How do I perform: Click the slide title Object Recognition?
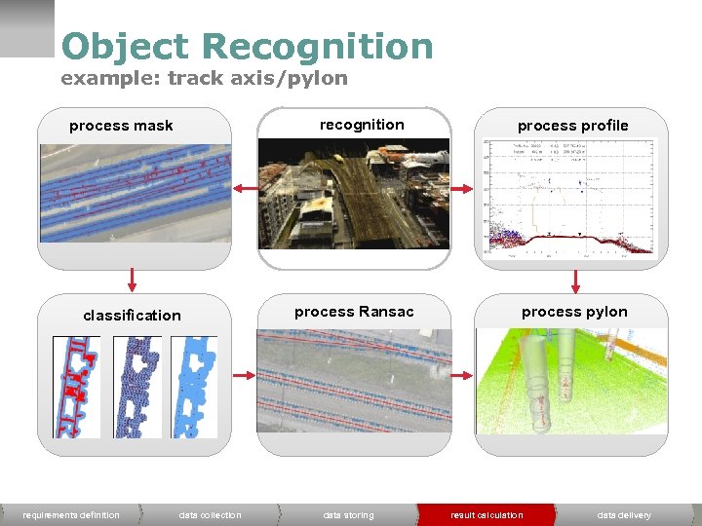[x=247, y=46]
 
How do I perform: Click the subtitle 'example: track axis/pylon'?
[x=204, y=78]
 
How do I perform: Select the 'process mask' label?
[x=121, y=126]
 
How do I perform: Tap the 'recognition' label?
[x=362, y=125]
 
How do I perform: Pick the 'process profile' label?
[x=572, y=126]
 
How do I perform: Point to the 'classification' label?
[x=132, y=316]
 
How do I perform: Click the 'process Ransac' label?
[x=354, y=312]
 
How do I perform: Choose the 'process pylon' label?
[x=574, y=312]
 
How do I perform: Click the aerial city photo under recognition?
[x=354, y=193]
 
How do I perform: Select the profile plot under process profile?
[x=572, y=199]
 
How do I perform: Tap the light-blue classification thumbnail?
[x=194, y=387]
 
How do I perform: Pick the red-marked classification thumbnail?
[x=76, y=387]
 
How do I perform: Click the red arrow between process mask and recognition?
[x=244, y=189]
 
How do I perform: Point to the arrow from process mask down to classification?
[x=132, y=282]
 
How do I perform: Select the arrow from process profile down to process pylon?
[x=575, y=281]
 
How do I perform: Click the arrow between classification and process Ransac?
[x=244, y=375]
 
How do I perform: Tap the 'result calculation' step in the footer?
[x=487, y=515]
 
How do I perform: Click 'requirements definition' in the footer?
[x=71, y=515]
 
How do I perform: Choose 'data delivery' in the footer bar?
[x=624, y=515]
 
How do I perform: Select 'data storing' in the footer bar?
[x=348, y=515]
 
